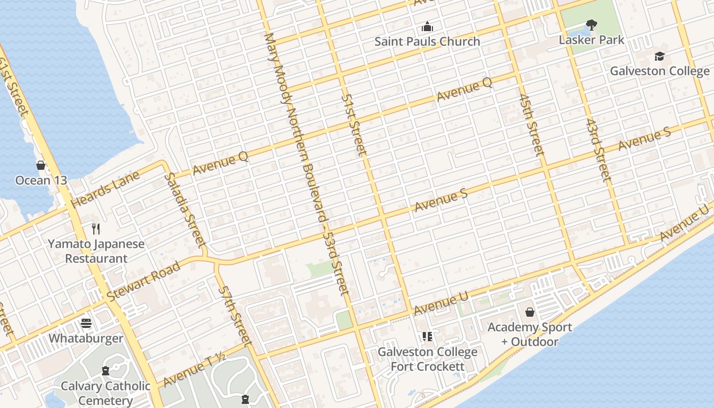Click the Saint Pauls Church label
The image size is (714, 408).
427,41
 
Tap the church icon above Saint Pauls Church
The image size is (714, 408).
427,27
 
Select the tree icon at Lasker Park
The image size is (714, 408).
592,24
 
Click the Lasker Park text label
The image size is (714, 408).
592,40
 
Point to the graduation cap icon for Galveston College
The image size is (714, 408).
660,56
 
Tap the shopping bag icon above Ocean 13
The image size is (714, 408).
41,165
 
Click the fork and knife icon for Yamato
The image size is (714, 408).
96,228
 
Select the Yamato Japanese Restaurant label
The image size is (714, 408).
96,251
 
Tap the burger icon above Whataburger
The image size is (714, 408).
86,323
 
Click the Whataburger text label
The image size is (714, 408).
86,339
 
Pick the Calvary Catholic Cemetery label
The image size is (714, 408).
106,393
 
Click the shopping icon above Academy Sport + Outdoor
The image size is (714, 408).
530,312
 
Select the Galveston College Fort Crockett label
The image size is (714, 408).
427,359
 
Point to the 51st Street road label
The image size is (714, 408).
354,124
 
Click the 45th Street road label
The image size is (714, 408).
531,124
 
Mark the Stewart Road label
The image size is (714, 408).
144,281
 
